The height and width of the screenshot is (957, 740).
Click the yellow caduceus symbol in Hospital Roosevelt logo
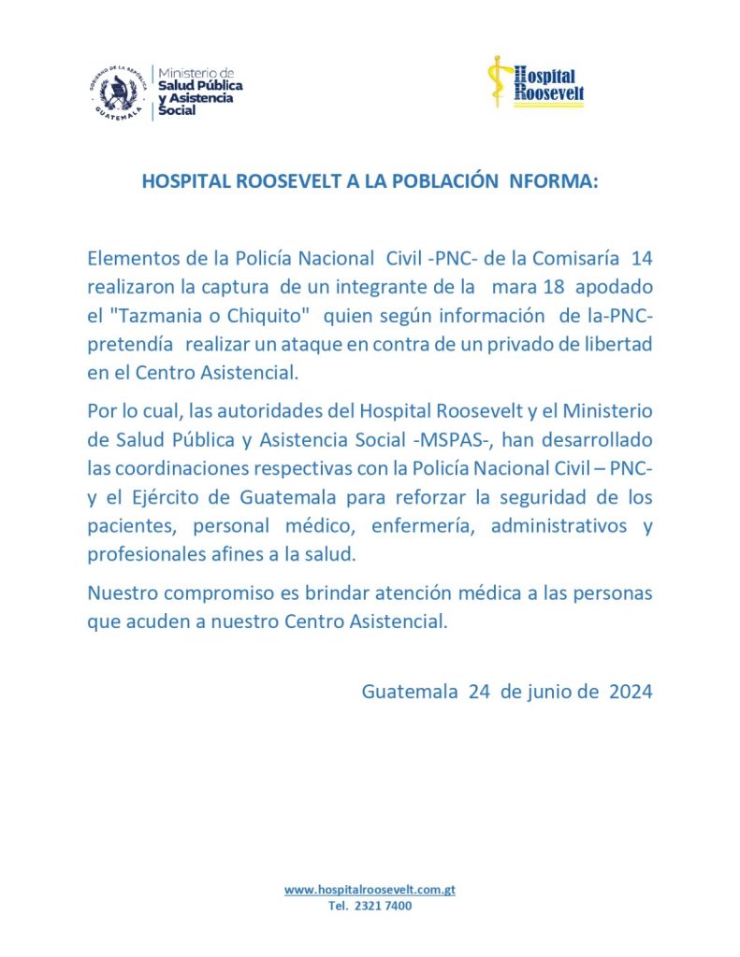[x=500, y=82]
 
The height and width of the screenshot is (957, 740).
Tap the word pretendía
[x=125, y=344]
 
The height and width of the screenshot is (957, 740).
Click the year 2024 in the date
[x=631, y=693]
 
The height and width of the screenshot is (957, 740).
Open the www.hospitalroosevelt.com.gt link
[x=370, y=891]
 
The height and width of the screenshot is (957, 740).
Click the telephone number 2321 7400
[x=381, y=907]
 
